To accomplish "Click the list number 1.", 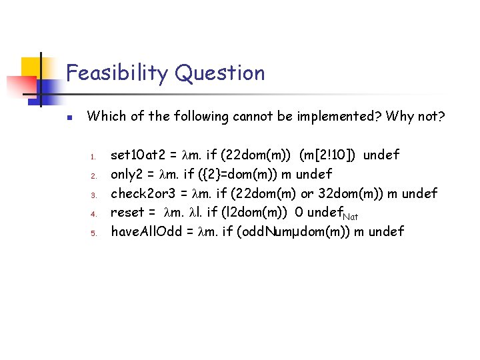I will (95, 157).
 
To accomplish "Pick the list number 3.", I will (95, 195).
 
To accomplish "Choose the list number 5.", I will (95, 233).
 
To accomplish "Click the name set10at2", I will (139, 155).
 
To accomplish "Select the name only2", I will (128, 175).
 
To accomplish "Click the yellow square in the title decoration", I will (31, 67).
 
